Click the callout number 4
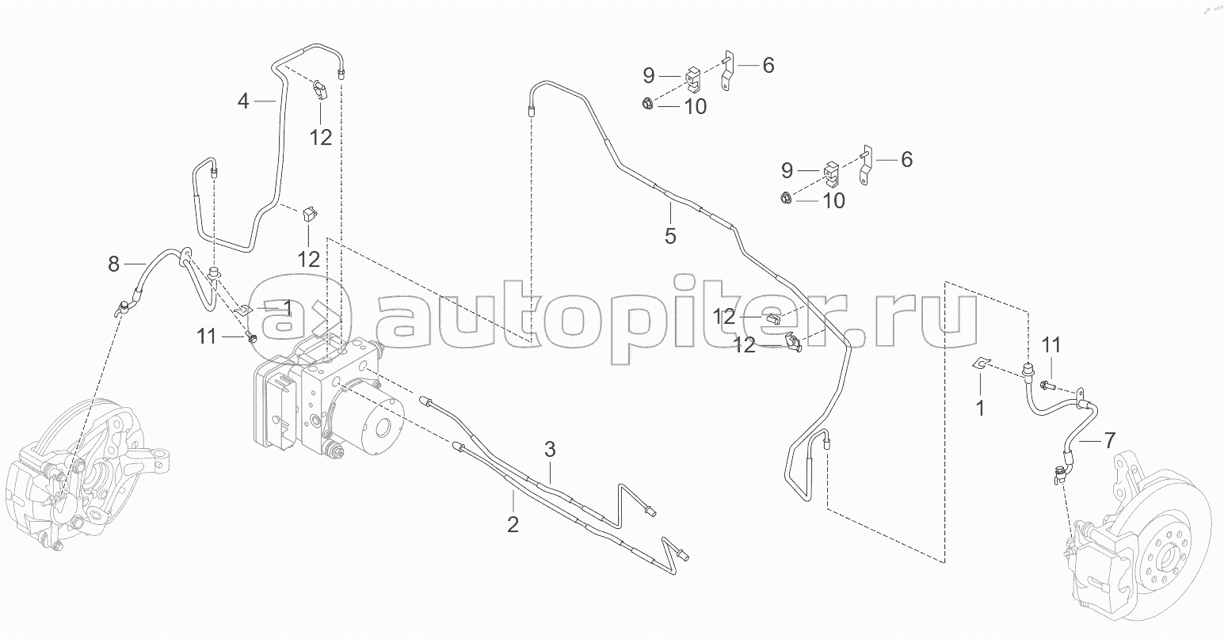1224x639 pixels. (244, 101)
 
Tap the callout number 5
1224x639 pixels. (670, 236)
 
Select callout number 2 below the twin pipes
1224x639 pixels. (513, 523)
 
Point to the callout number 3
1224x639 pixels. (550, 451)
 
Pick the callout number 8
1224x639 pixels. (114, 264)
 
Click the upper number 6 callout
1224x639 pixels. (768, 66)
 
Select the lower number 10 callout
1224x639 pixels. (833, 201)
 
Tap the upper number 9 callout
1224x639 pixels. (649, 76)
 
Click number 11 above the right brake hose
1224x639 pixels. (1051, 345)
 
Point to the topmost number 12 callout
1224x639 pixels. (320, 137)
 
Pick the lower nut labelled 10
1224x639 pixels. (785, 199)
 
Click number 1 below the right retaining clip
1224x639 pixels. (980, 409)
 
